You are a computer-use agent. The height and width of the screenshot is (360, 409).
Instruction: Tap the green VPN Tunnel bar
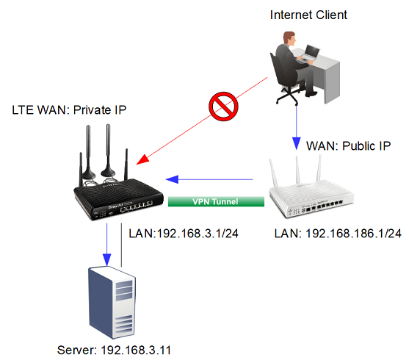(217, 201)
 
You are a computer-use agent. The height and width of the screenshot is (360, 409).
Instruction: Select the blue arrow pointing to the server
(107, 242)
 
